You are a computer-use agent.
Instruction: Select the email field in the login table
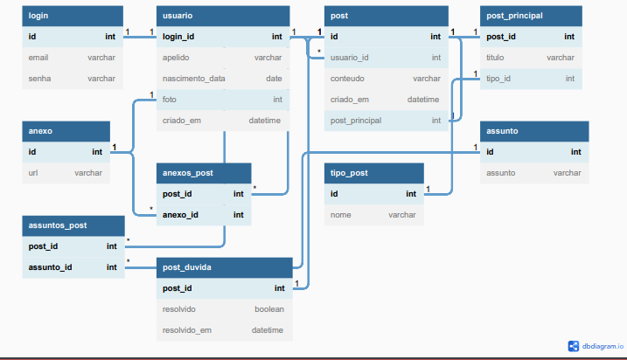point(38,58)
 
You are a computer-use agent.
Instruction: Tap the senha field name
point(39,79)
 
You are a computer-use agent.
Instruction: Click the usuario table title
point(178,16)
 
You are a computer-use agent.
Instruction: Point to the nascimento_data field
point(193,79)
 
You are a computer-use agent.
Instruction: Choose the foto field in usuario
point(169,100)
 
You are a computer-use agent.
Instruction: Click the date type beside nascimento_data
point(274,79)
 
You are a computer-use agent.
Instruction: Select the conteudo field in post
point(347,79)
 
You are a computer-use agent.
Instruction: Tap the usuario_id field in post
point(350,58)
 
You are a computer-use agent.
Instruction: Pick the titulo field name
point(495,58)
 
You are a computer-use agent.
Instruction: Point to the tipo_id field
point(498,79)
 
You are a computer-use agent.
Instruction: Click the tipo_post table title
point(349,173)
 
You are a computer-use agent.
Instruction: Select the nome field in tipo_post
point(341,215)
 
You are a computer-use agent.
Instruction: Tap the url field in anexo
point(33,173)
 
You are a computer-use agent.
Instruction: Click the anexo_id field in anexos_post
point(180,215)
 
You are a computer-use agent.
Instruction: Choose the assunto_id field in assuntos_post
point(51,267)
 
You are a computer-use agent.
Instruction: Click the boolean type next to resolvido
point(269,309)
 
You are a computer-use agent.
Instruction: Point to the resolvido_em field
point(187,330)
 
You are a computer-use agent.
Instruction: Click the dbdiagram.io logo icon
point(574,346)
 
